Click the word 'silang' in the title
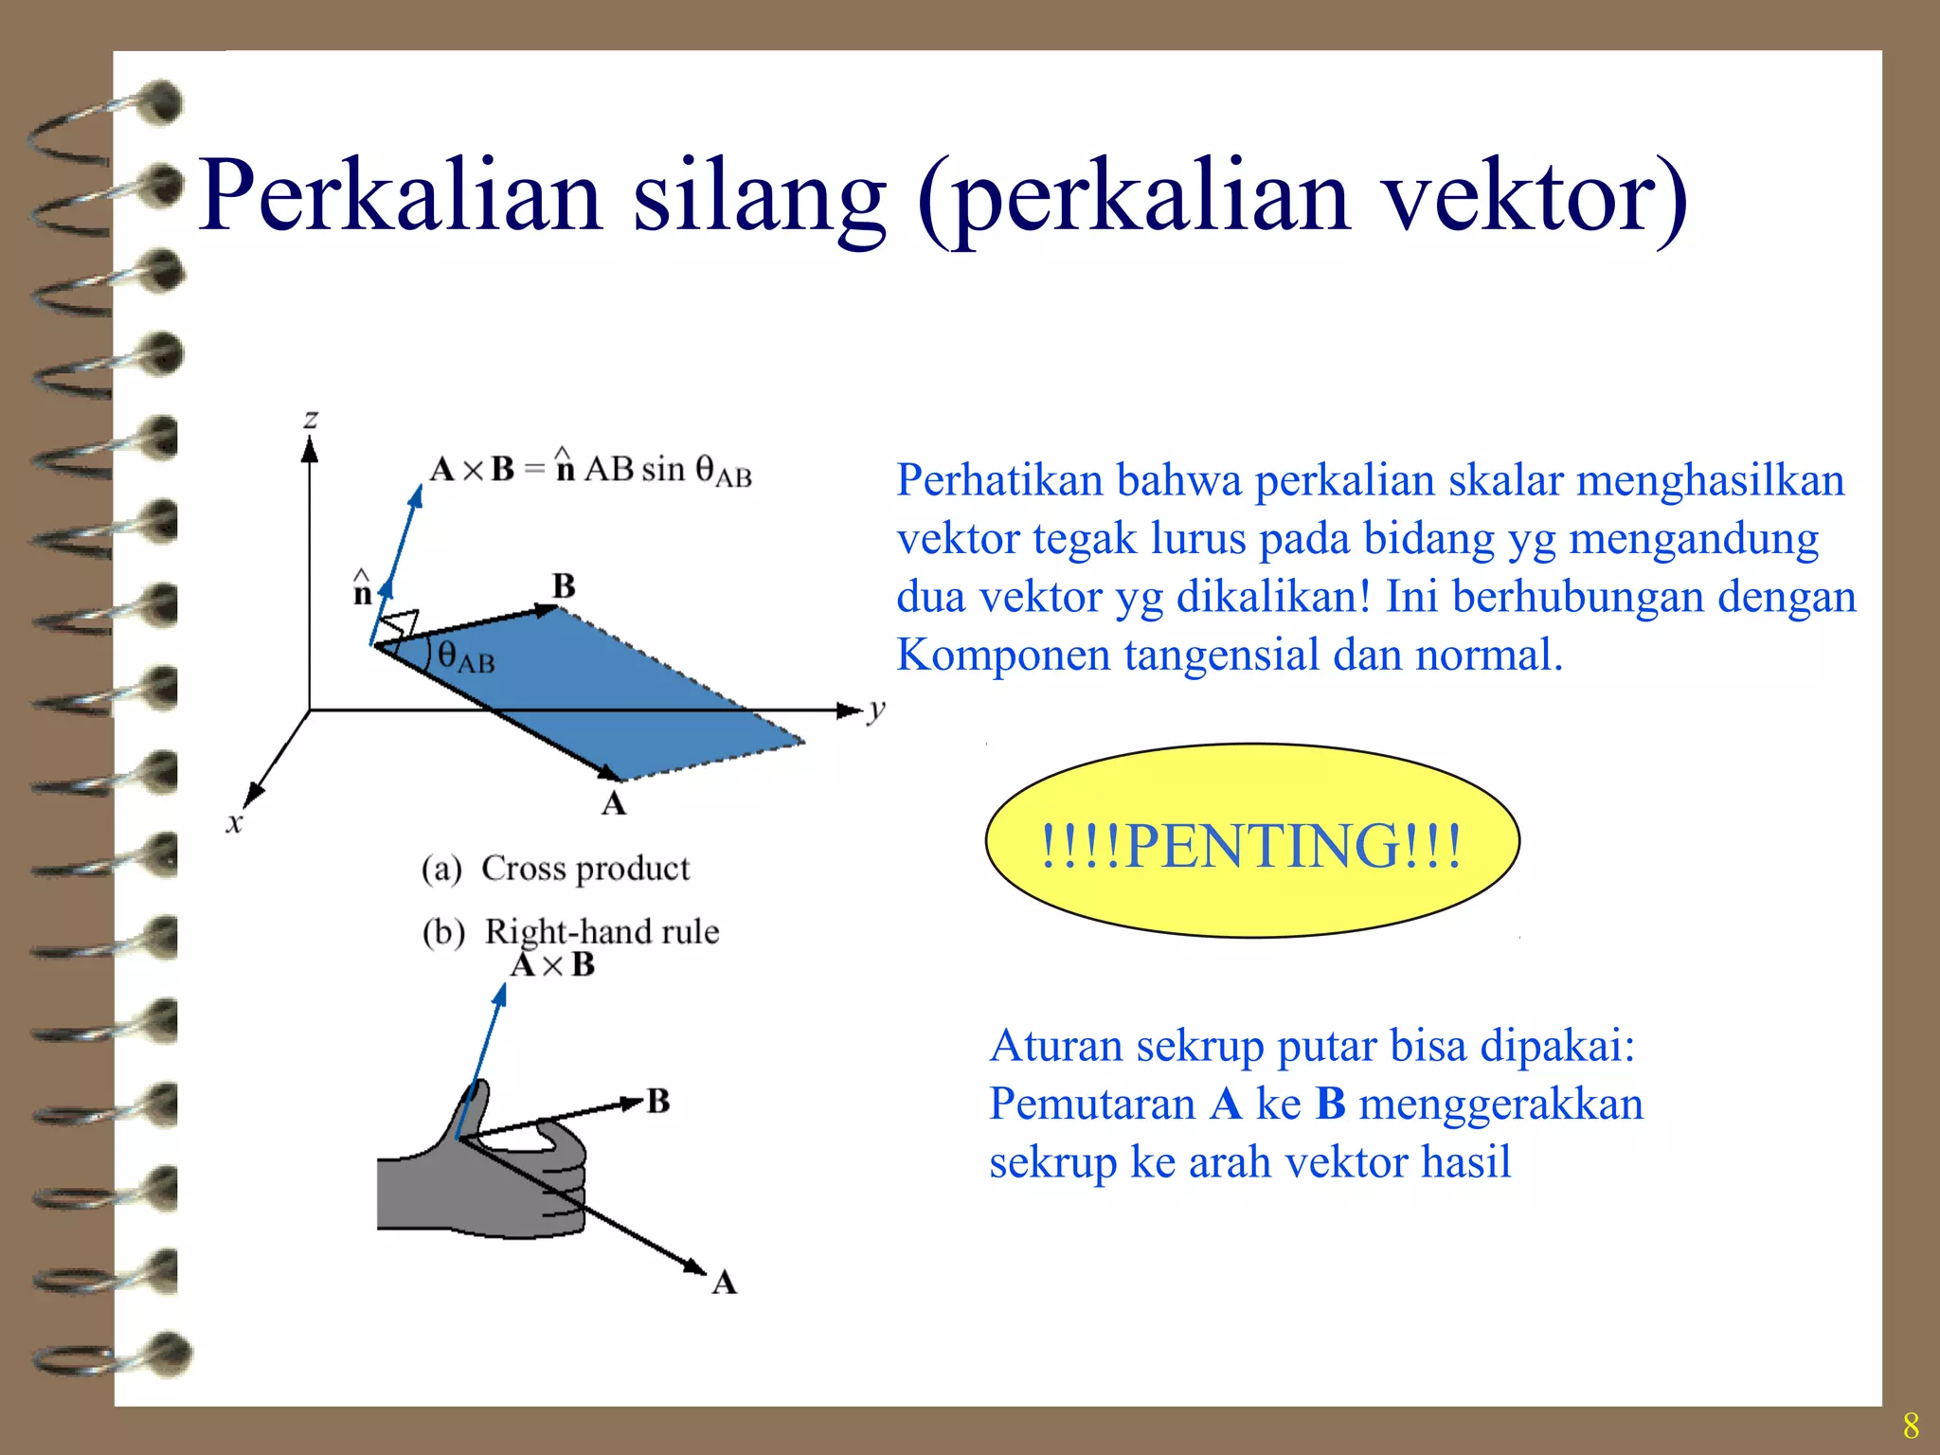(759, 197)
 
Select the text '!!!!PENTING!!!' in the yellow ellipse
(1250, 845)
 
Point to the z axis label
(311, 418)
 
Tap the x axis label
(234, 822)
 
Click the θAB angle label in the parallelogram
(465, 656)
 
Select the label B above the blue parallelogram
(564, 586)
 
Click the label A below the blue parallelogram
(614, 803)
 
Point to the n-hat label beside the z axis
(362, 590)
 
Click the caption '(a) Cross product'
(556, 868)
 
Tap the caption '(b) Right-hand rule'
(571, 931)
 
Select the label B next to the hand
(658, 1101)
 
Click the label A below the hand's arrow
(724, 1283)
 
